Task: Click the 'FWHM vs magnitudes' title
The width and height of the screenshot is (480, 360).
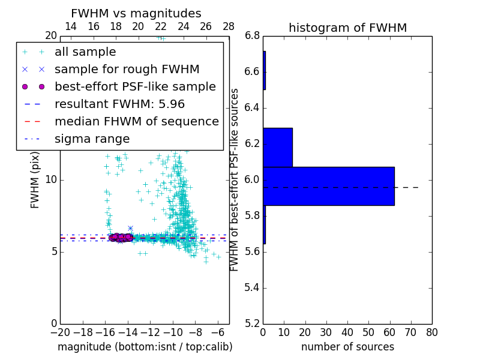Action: click(x=136, y=14)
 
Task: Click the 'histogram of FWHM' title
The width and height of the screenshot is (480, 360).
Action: click(x=347, y=28)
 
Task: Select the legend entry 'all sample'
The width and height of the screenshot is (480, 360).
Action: click(x=85, y=52)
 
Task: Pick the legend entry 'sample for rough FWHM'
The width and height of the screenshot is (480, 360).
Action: click(x=127, y=70)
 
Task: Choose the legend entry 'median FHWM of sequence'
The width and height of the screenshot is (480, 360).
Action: click(x=136, y=122)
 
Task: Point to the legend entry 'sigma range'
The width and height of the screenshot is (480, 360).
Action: click(x=92, y=139)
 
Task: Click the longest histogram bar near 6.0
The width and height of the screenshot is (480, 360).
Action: click(x=328, y=186)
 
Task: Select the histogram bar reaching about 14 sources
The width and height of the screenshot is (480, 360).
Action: click(x=277, y=147)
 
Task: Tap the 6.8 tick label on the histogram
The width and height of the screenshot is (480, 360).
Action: click(x=252, y=36)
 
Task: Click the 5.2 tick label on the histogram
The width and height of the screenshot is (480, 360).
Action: click(x=252, y=323)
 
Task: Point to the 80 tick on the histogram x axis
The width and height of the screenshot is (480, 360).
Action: click(x=431, y=332)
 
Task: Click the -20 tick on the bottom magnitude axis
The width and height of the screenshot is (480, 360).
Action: click(x=60, y=332)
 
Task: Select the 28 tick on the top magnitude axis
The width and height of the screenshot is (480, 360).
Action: click(x=229, y=26)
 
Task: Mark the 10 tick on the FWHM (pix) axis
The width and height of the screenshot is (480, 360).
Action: click(x=50, y=180)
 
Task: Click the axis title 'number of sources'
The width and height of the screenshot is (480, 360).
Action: click(x=347, y=347)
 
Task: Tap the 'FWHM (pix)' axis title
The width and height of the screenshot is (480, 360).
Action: click(x=35, y=180)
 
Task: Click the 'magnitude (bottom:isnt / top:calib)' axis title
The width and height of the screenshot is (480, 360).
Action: click(x=145, y=347)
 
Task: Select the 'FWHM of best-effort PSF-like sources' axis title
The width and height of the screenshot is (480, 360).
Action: click(x=235, y=180)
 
